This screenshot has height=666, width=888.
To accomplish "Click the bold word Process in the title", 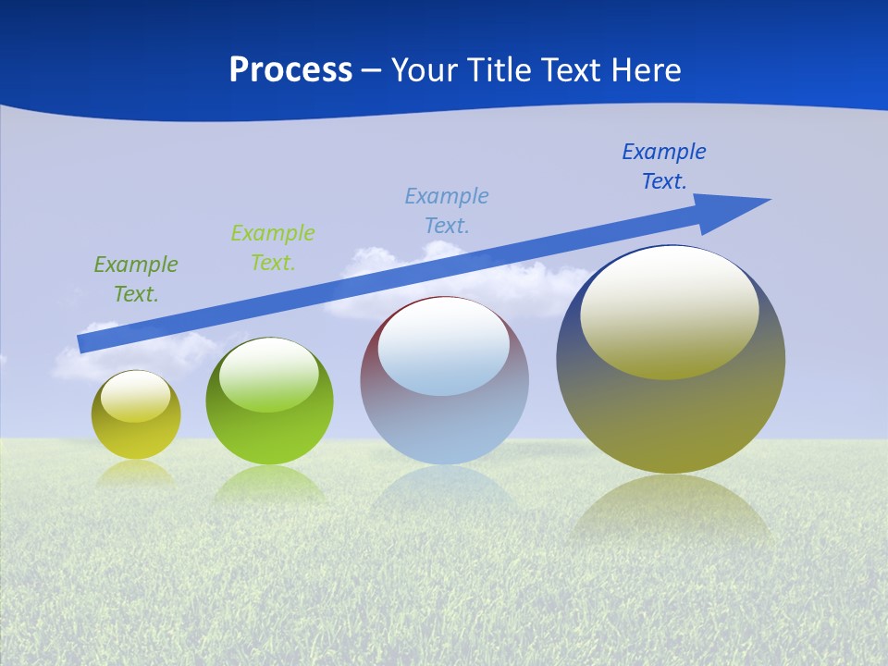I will click(x=290, y=70).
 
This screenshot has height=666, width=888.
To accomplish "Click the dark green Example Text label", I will click(x=136, y=279).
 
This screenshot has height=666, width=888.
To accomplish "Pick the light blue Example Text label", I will click(x=447, y=210).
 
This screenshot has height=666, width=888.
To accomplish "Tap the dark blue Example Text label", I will click(x=663, y=166).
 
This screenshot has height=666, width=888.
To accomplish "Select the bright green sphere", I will click(x=269, y=435).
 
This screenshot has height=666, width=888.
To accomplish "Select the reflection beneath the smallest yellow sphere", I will click(x=136, y=474).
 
